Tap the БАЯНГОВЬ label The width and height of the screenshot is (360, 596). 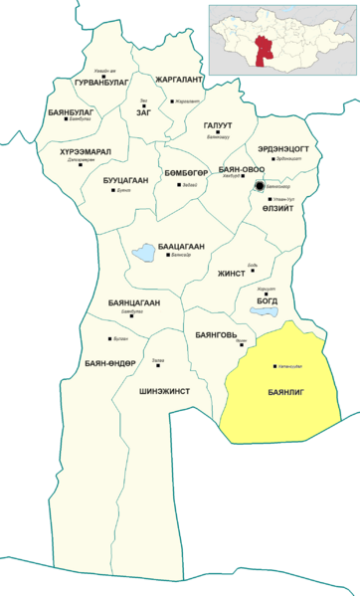tap(216, 334)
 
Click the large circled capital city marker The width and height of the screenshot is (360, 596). tap(260, 186)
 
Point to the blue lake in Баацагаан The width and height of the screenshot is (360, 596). tap(144, 253)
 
